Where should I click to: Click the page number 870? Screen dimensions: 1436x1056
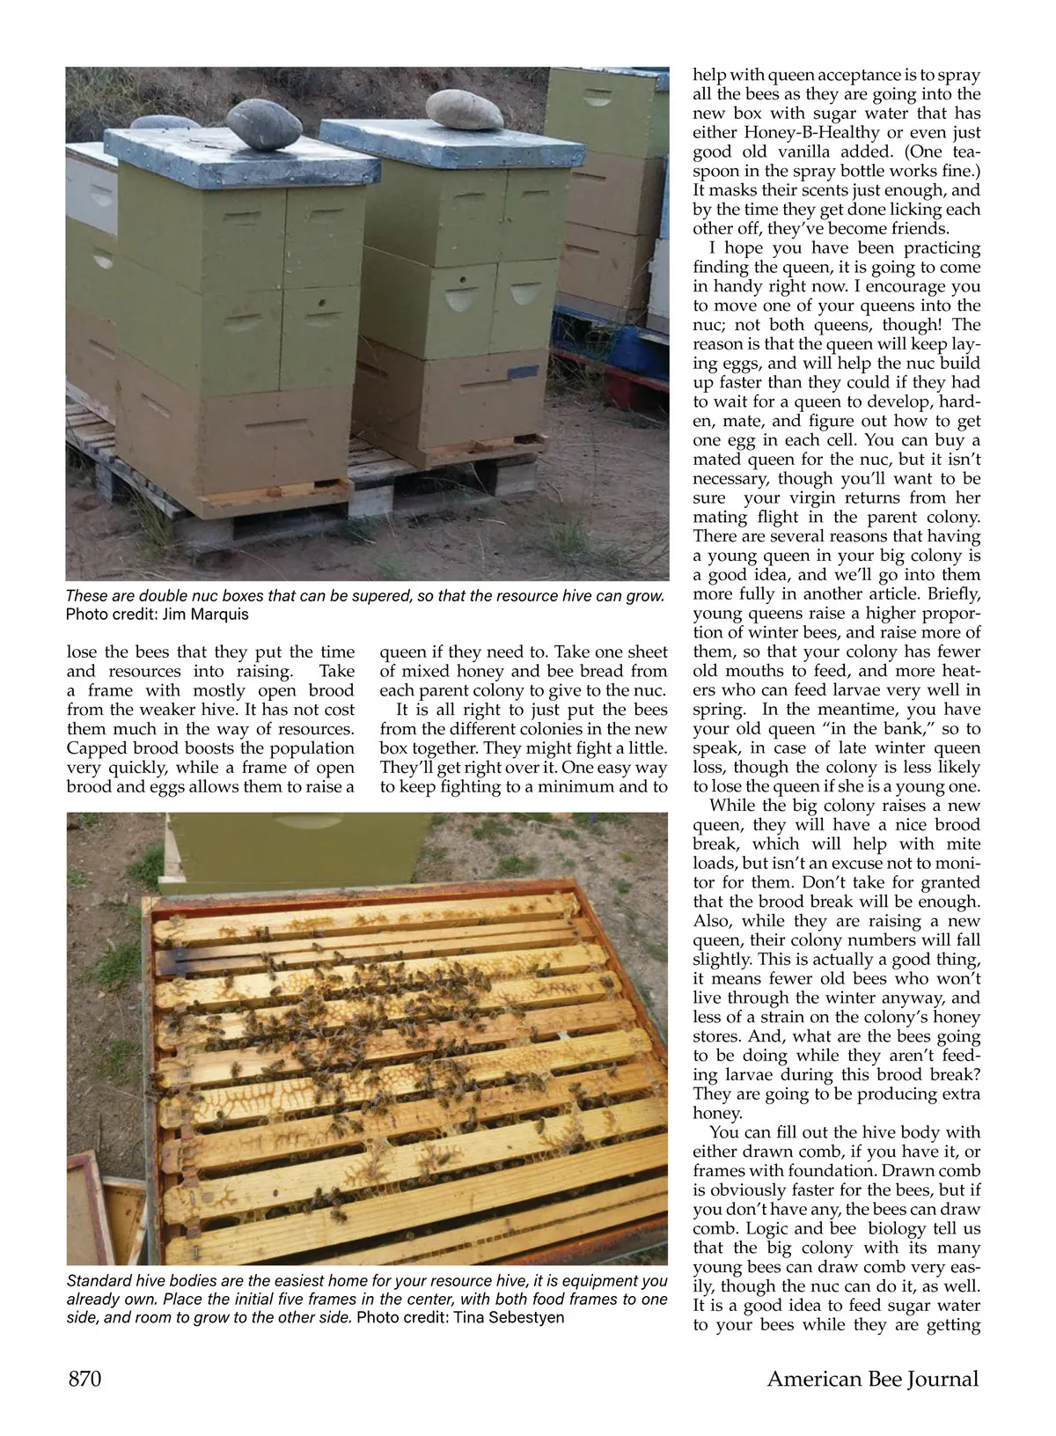tap(84, 1378)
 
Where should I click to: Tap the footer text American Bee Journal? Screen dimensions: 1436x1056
tap(872, 1378)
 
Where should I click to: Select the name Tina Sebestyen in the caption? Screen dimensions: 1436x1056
tap(509, 1318)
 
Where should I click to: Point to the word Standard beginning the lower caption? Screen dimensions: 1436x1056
tap(98, 1280)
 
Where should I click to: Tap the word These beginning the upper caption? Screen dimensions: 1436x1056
tap(87, 596)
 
